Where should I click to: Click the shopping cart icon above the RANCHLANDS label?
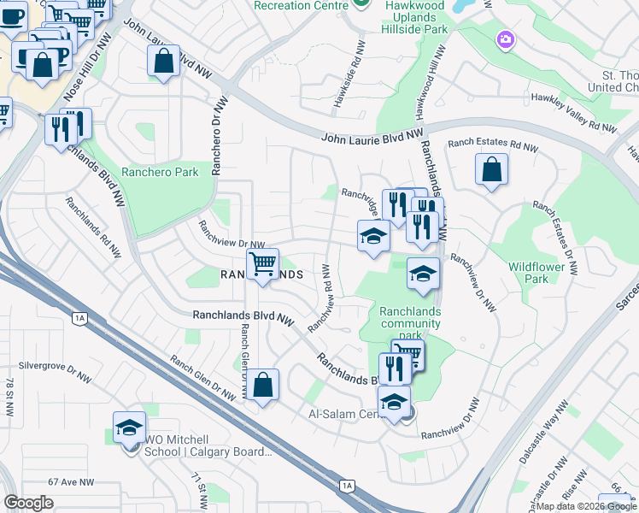tap(262, 263)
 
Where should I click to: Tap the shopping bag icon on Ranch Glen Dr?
tap(264, 386)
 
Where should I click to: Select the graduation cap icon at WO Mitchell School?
tap(129, 427)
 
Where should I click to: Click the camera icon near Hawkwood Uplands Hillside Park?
tap(506, 39)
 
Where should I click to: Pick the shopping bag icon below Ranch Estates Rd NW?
tap(492, 169)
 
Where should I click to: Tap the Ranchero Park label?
tap(160, 172)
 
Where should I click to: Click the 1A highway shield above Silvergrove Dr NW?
tap(80, 318)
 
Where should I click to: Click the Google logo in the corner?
tap(28, 503)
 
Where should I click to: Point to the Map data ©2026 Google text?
tap(587, 506)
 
